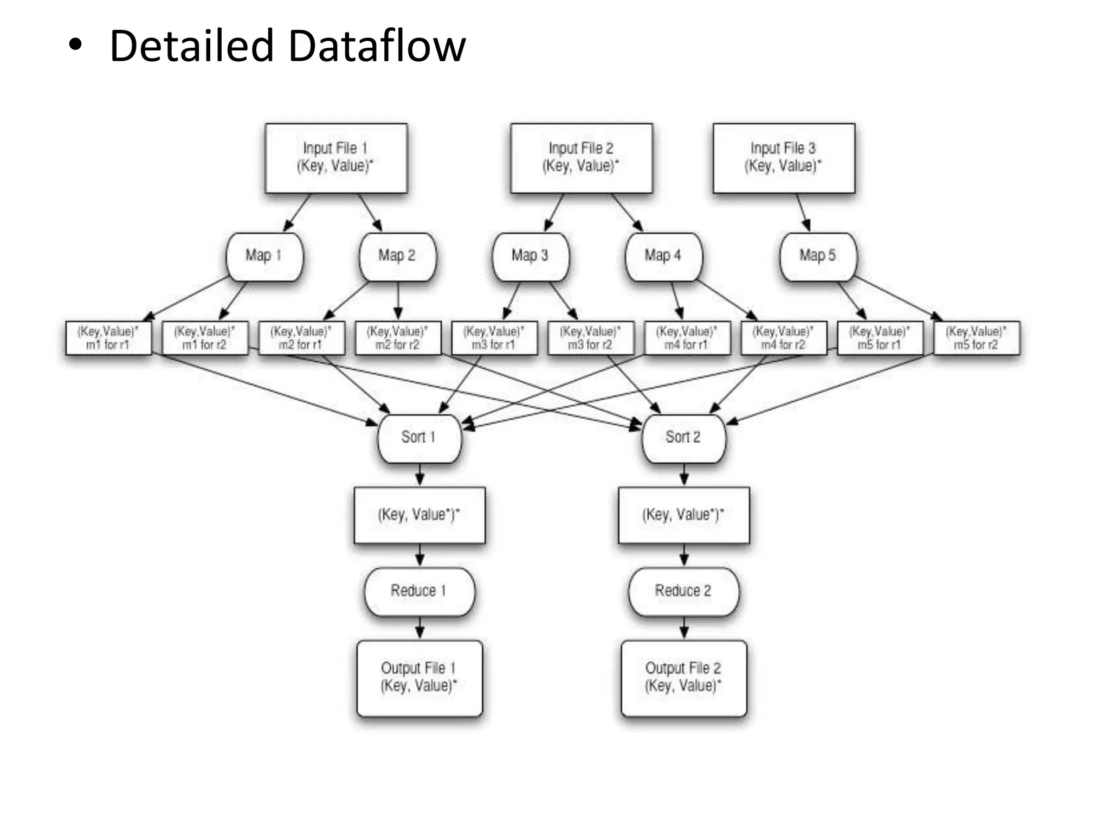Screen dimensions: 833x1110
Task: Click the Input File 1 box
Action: tap(336, 158)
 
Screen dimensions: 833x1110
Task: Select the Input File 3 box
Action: tap(784, 158)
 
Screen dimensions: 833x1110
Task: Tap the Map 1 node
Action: tap(264, 257)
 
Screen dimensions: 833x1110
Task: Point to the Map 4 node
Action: tap(663, 257)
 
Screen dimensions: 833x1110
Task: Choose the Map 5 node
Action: tap(818, 257)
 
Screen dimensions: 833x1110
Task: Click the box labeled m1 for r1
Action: tap(108, 338)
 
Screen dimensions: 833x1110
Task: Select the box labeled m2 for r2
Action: tap(398, 338)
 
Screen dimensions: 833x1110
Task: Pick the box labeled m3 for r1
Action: tap(494, 338)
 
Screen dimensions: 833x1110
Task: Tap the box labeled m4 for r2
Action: tap(784, 338)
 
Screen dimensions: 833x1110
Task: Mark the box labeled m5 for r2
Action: tap(977, 338)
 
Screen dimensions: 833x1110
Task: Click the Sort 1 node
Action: tap(419, 438)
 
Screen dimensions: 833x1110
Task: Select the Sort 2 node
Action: tap(683, 438)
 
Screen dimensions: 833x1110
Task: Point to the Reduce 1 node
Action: tap(419, 592)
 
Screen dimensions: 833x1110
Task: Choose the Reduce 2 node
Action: tap(683, 592)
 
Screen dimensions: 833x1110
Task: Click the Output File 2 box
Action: tap(683, 678)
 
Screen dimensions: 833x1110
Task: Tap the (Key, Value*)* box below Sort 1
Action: tap(419, 515)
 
